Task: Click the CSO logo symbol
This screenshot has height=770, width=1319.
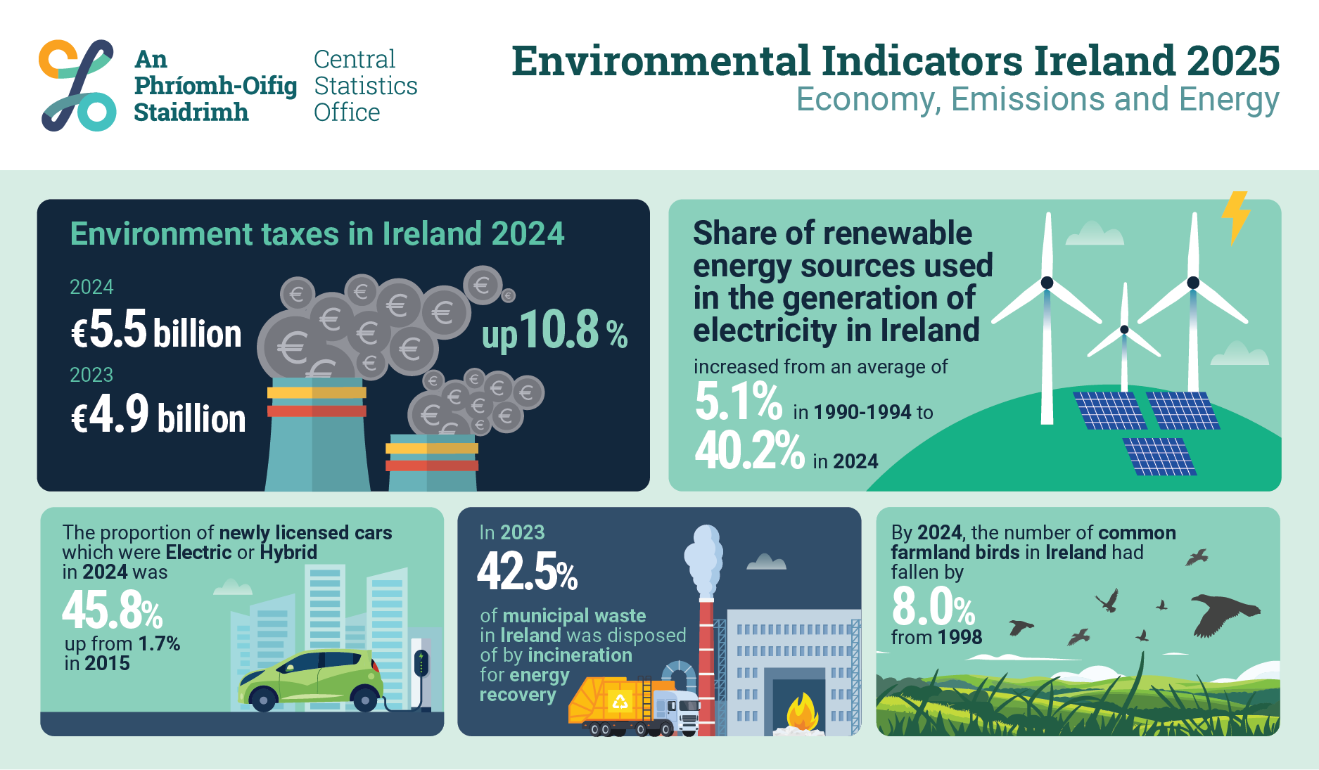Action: click(77, 85)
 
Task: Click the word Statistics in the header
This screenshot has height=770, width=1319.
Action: click(365, 86)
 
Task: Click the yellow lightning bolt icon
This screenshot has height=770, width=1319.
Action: click(1235, 217)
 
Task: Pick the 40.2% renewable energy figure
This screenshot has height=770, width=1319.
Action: click(749, 451)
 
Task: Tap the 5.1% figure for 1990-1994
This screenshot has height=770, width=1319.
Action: click(738, 402)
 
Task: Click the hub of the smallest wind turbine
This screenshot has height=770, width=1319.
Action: click(1124, 330)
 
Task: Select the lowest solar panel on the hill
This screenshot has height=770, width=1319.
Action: click(1159, 456)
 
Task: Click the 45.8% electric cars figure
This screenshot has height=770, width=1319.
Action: click(113, 610)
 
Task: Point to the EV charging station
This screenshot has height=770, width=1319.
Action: click(421, 668)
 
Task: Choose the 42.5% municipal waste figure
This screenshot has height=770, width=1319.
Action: click(527, 571)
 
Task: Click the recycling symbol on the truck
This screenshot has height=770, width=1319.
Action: click(620, 701)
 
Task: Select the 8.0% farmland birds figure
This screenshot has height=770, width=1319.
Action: click(933, 608)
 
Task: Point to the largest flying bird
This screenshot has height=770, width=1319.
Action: click(1223, 613)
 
